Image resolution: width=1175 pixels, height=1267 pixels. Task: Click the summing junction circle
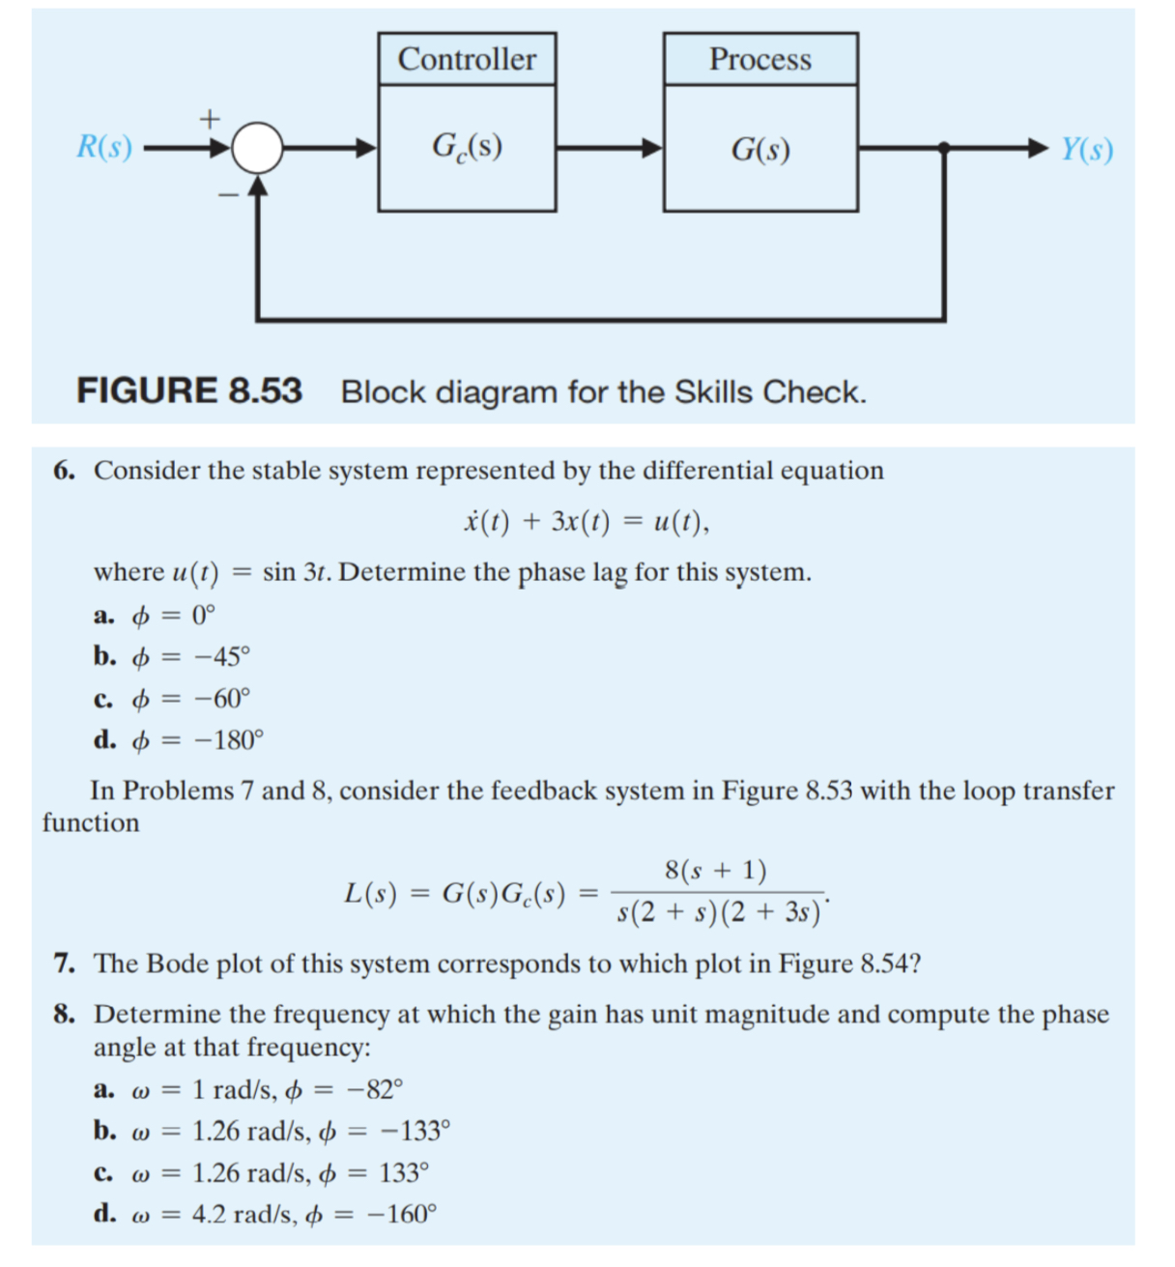pos(257,149)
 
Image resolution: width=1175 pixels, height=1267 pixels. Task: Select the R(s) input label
pos(104,148)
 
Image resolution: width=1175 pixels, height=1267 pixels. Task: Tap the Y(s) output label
pos(1087,150)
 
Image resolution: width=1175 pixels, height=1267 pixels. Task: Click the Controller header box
pos(467,59)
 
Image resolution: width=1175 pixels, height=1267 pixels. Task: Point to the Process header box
pos(760,59)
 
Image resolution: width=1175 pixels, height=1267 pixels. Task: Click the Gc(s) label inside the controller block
pos(467,147)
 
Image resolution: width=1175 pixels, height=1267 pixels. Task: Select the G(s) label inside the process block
pos(760,150)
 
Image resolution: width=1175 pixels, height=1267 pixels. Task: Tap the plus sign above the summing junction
pos(210,119)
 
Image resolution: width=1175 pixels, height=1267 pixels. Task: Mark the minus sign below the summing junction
pos(227,195)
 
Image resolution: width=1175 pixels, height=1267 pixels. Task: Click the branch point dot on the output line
pos(944,148)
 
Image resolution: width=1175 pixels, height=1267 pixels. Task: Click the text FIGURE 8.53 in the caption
pos(189,391)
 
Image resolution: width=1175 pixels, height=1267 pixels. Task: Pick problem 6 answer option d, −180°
pos(179,740)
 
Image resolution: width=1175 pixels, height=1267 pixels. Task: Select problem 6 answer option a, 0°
pos(156,615)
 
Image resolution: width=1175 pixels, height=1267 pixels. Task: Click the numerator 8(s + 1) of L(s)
pos(716,871)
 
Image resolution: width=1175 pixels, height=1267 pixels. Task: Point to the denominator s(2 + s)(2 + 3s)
pos(719,912)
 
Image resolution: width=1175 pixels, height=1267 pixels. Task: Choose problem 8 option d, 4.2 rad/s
pos(266,1214)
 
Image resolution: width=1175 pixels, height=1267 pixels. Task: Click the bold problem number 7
pos(64,964)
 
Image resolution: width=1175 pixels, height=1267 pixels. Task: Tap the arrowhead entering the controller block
pos(366,149)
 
